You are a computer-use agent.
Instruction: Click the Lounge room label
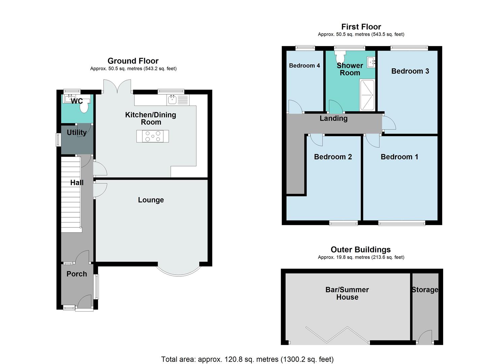[x=151, y=200]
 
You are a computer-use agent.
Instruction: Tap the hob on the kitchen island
[x=153, y=136]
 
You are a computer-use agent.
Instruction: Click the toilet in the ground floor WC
[x=84, y=107]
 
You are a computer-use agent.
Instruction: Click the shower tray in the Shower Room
[x=367, y=95]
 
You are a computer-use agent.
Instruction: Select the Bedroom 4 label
[x=304, y=65]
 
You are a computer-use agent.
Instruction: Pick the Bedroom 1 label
[x=399, y=157]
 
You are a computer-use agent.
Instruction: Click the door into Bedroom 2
[x=316, y=140]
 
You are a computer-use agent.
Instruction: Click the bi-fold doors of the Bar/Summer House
[x=337, y=335]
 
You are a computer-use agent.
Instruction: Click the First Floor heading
[x=361, y=27]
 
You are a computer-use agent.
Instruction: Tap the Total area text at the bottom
[x=247, y=359]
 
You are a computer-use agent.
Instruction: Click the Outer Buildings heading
[x=361, y=249]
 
